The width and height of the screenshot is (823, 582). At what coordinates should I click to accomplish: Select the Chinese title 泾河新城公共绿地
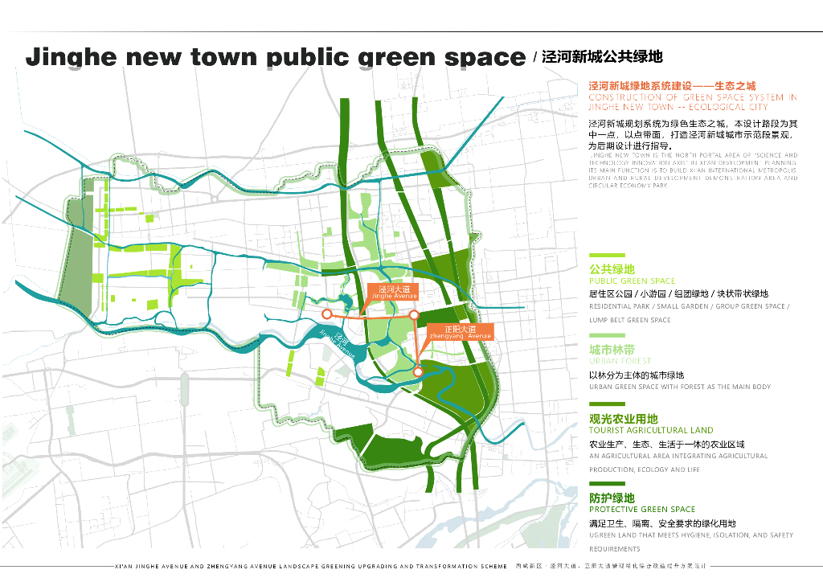(602, 56)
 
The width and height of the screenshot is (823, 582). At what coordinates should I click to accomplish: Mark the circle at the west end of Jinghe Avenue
(327, 314)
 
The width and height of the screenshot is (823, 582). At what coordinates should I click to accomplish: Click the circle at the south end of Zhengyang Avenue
(418, 371)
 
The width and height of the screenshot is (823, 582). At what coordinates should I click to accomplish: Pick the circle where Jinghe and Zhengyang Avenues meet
(414, 315)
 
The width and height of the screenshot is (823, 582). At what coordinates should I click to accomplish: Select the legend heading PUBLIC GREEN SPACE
(632, 281)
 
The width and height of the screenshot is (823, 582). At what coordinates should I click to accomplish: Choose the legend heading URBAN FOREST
(620, 361)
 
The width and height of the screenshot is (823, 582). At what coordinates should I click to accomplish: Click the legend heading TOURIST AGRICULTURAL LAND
(651, 430)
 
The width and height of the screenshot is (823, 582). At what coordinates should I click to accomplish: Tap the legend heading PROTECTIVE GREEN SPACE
(642, 509)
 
